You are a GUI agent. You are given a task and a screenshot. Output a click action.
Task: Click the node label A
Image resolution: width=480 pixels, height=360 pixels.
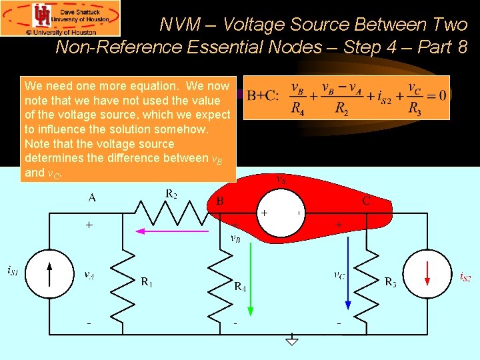(92, 197)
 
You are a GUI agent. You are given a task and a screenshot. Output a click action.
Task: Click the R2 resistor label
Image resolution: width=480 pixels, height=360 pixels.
(171, 194)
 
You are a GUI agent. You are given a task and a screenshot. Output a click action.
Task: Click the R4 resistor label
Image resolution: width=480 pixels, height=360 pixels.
(241, 287)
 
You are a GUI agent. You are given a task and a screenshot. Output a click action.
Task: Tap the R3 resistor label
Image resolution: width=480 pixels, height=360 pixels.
(391, 282)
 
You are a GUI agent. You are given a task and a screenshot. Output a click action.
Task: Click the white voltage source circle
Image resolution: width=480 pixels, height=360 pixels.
(281, 213)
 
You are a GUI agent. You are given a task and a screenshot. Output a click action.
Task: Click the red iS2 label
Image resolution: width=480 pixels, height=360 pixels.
(465, 277)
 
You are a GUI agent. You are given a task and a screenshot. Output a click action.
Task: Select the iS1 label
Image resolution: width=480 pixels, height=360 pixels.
(13, 270)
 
